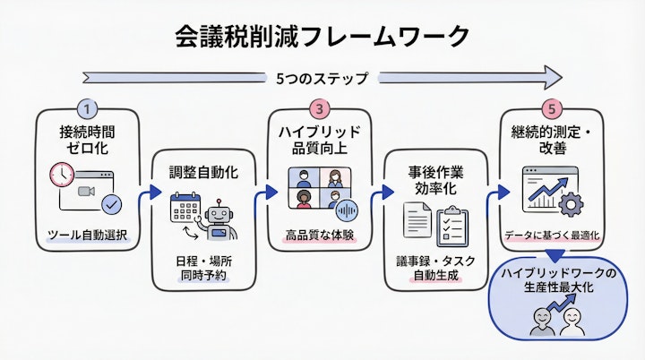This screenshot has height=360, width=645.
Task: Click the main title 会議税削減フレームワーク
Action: pyautogui.click(x=322, y=37)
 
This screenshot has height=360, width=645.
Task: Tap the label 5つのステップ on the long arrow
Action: pyautogui.click(x=322, y=79)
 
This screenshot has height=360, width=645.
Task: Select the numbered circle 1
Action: pyautogui.click(x=87, y=109)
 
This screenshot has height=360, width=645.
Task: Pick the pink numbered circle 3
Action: pyautogui.click(x=318, y=109)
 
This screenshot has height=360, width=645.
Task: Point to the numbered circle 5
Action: pyautogui.click(x=553, y=109)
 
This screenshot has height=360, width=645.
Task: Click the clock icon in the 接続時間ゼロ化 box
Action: pyautogui.click(x=61, y=174)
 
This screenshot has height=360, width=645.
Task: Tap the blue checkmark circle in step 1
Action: pyautogui.click(x=112, y=205)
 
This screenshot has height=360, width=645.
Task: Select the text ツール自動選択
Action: pyautogui.click(x=87, y=236)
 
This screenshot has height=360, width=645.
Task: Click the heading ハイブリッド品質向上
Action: pyautogui.click(x=318, y=139)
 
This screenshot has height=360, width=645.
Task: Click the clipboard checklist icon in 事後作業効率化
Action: pyautogui.click(x=452, y=226)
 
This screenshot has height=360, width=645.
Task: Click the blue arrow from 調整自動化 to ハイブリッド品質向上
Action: pyautogui.click(x=263, y=192)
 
